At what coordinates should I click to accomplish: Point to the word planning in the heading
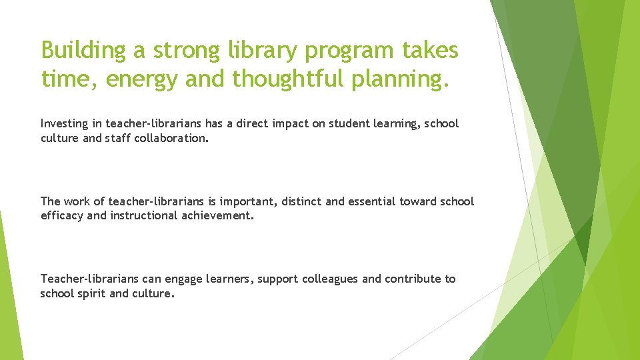coord(404,79)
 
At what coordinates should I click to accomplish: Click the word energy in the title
coord(141,79)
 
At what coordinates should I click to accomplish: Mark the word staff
coord(117,138)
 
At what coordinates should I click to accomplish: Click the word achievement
coord(217,215)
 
